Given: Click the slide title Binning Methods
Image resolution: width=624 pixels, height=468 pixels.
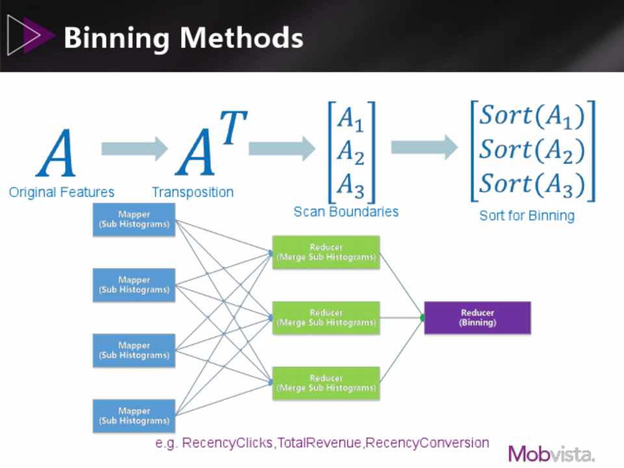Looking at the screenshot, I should [x=183, y=37].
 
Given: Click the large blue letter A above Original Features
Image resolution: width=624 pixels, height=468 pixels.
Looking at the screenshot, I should [x=57, y=154].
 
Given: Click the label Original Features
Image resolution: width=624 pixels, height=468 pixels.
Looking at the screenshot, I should [x=62, y=192].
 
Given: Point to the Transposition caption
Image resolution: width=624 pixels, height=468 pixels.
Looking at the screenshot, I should [x=192, y=192].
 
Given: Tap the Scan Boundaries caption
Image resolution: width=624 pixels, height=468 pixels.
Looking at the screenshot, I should [x=346, y=211].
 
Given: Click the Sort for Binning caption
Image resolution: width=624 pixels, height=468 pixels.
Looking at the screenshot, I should [x=527, y=215].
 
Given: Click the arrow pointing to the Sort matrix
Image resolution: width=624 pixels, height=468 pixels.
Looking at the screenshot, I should [x=424, y=147].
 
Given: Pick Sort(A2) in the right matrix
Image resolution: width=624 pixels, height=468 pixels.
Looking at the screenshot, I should [x=532, y=150].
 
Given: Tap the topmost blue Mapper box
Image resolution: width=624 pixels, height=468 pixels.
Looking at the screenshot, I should [x=134, y=219].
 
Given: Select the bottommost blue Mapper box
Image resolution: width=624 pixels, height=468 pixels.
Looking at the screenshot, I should [x=134, y=415].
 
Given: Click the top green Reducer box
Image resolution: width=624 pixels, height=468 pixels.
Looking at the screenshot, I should [x=326, y=252].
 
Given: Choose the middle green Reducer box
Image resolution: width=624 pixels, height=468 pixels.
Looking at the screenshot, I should [x=326, y=317].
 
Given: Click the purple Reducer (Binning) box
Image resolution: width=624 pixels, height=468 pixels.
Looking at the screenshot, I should [x=477, y=317].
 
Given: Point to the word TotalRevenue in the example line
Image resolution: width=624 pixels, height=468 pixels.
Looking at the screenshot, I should [x=320, y=443].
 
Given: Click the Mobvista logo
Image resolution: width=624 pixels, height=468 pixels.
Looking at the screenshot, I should [x=551, y=453].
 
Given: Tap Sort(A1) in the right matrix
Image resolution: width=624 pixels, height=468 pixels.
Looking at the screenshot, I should [x=532, y=116].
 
